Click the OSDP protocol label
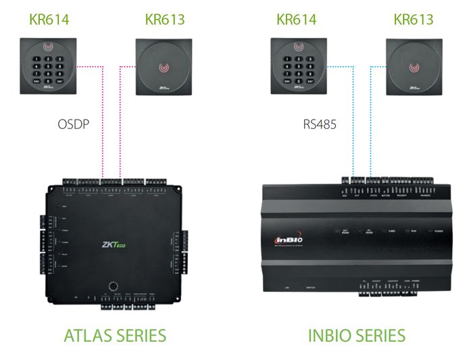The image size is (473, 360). click(74, 124)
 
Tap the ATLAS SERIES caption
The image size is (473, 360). click(114, 335)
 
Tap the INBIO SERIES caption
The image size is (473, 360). click(356, 335)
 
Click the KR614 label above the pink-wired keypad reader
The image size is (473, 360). click(48, 18)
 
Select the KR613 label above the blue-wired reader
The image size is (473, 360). click(414, 18)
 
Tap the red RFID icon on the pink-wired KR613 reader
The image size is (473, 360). click(164, 68)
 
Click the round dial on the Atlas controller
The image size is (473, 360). click(108, 284)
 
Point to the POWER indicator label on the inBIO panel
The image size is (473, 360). click(438, 232)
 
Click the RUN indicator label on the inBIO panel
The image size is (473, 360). click(414, 232)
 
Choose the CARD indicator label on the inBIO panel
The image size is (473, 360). click(391, 232)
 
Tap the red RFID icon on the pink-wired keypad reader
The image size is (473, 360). click(48, 49)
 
